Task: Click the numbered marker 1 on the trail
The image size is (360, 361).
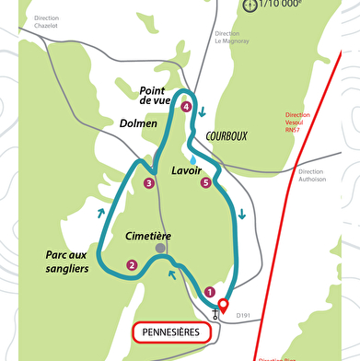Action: (x=209, y=292)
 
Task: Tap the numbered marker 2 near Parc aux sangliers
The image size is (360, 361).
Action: (x=133, y=266)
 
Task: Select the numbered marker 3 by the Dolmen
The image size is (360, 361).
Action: (x=149, y=183)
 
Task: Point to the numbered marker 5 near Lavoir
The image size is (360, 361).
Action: (x=205, y=183)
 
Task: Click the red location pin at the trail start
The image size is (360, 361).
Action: (x=222, y=306)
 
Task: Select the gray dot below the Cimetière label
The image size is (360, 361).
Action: (x=160, y=249)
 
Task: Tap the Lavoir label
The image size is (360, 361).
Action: (x=187, y=171)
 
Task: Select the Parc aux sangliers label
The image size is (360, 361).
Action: (x=66, y=262)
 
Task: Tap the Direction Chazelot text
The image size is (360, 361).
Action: (x=47, y=23)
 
